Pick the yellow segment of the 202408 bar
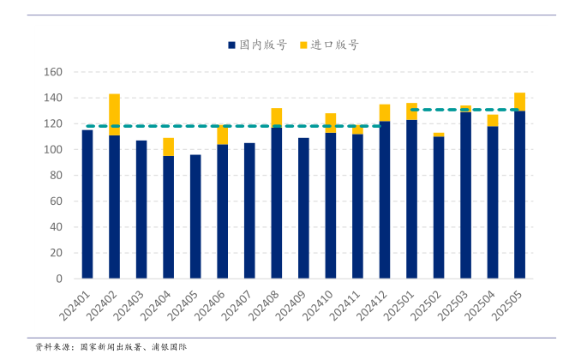[x=277, y=117]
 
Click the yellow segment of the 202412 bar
[x=385, y=112]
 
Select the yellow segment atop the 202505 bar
[x=519, y=101]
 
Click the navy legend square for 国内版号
[x=231, y=45]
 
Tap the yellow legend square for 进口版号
[x=303, y=45]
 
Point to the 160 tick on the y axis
[x=53, y=72]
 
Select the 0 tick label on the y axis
[x=60, y=279]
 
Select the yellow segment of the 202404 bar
[x=169, y=147]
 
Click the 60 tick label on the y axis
[x=57, y=201]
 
